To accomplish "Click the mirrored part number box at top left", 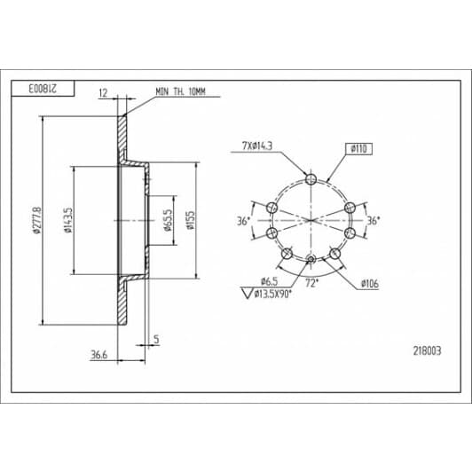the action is click(x=43, y=89).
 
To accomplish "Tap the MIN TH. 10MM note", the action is click(x=180, y=91).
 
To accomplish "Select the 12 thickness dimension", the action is click(x=103, y=92).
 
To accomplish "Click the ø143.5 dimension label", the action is click(x=68, y=220).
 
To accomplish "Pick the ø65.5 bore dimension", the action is click(x=168, y=220).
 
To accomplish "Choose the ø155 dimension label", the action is click(x=191, y=220).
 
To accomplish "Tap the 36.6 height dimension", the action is click(x=99, y=355).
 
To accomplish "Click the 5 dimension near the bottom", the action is click(x=156, y=339).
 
